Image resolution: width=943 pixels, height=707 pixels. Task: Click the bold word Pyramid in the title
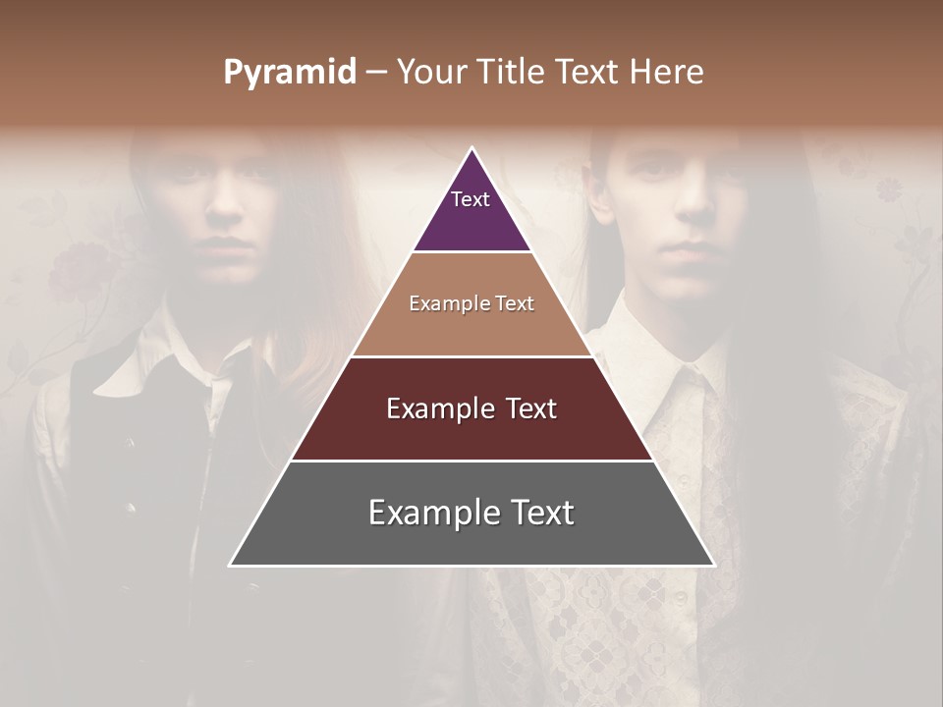[290, 73]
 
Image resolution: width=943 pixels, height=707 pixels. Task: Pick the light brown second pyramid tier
[471, 324]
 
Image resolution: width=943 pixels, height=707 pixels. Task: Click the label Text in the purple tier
[470, 199]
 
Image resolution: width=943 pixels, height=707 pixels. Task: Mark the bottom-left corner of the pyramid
[231, 565]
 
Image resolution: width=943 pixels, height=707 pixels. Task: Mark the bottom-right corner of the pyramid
[713, 565]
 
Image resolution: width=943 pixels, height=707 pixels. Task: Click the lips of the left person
[226, 244]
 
